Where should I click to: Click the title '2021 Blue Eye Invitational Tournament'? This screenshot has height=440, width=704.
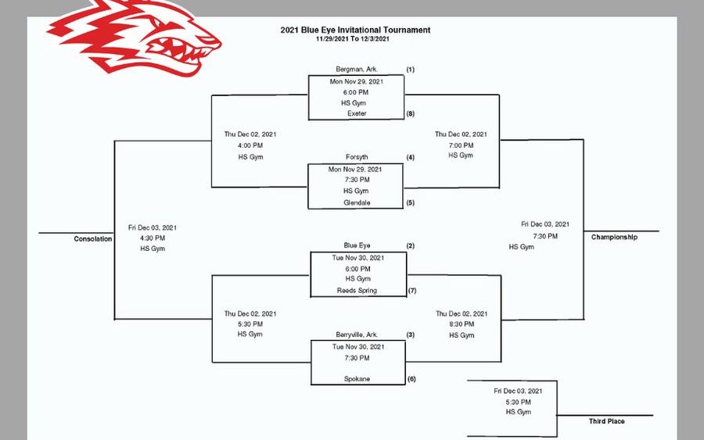355,30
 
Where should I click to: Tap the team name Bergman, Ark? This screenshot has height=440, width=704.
356,70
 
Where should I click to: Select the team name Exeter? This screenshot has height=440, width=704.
357,113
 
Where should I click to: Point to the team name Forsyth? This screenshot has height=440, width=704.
357,157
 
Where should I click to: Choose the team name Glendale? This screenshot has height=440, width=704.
357,202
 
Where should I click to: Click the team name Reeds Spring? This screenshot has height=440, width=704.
357,291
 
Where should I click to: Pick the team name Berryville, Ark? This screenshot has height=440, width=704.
357,334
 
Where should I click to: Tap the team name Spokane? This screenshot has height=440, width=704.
357,379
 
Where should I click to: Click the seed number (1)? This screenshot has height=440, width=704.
410,70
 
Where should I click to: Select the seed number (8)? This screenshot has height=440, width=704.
410,113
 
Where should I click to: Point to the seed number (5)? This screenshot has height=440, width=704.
410,202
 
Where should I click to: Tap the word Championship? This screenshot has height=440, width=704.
614,237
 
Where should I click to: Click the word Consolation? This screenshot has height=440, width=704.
93,238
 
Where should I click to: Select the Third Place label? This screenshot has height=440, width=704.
606,421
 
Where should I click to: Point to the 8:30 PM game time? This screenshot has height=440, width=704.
461,324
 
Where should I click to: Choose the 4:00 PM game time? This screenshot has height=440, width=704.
250,145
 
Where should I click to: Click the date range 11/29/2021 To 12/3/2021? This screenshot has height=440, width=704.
355,38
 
